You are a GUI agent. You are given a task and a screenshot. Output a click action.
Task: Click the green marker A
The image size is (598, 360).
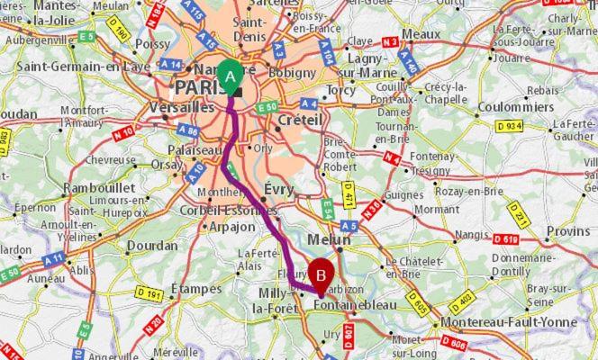coord(231,76)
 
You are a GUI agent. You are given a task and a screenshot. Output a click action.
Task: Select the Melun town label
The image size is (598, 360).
coord(329,240)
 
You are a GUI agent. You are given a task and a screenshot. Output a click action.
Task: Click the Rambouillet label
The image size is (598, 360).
coord(99,188)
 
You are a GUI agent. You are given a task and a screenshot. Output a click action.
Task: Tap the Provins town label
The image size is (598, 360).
coord(568,231)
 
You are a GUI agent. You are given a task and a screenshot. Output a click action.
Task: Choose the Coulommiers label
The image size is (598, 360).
coord(516,106)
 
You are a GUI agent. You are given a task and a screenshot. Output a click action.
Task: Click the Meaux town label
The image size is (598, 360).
coord(421,34)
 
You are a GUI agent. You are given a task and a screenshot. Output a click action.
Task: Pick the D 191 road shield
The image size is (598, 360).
coord(149,293)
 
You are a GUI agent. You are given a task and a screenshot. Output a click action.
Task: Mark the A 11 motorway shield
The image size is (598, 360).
coord(53,260)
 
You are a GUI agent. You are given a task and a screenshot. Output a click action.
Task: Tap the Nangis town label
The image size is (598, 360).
coord(470,235)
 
